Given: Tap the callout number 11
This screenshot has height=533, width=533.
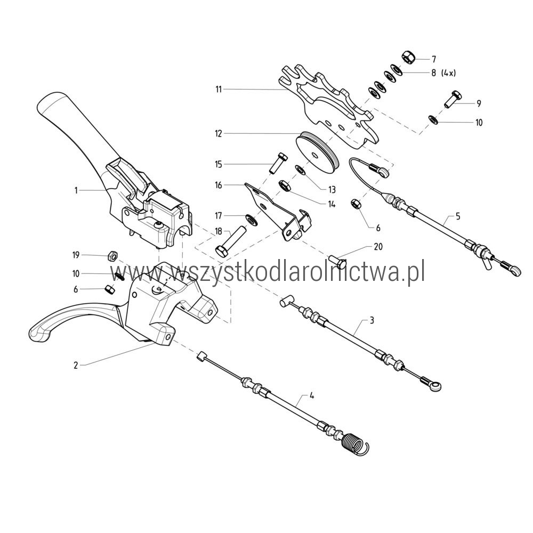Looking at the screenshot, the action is [219, 90].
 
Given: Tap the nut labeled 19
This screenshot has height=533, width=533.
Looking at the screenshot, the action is [112, 256].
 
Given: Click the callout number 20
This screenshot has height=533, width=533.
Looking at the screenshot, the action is [378, 246].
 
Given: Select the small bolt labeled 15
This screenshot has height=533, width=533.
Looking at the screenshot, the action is [278, 163].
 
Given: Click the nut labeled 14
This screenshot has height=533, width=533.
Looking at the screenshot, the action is [284, 186].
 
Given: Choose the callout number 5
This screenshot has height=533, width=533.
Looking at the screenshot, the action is [458, 216].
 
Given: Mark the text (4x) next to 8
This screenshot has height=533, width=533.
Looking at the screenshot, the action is [448, 73].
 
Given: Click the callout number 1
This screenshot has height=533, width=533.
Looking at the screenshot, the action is [76, 190].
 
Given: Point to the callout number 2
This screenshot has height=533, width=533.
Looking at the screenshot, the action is [76, 366].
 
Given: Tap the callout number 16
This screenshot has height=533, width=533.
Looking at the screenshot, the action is [218, 185].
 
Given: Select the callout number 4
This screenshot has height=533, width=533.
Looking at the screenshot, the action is [312, 396].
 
